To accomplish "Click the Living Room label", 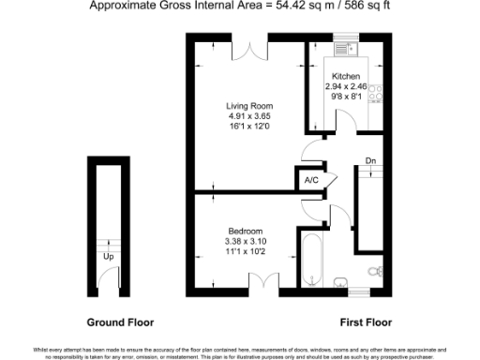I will click(248, 106).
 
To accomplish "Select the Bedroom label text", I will click(245, 232).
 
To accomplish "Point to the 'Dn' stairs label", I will click(370, 159).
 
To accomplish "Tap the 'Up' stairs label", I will click(109, 255).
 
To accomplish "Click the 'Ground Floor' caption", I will click(120, 322).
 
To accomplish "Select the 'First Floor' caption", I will click(365, 322).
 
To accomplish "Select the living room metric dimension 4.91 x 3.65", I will click(248, 118).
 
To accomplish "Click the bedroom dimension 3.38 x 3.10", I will click(245, 243).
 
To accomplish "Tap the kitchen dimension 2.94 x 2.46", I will click(345, 86).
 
